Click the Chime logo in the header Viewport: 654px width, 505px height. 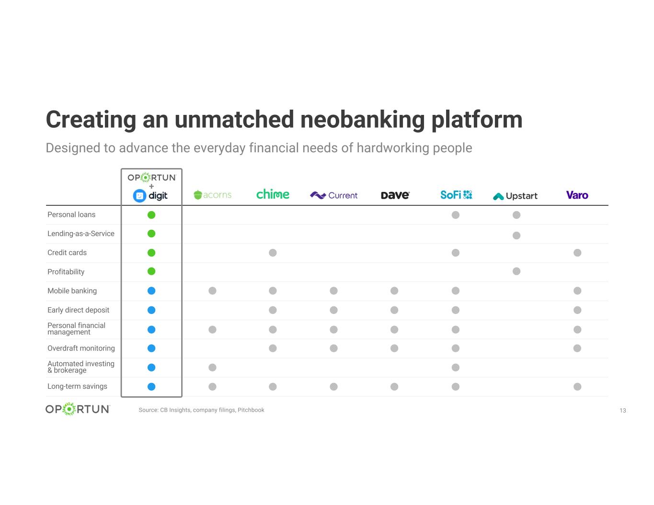point(272,194)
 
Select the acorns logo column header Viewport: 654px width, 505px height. point(212,195)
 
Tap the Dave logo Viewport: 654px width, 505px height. point(395,195)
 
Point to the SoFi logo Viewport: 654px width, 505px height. point(456,195)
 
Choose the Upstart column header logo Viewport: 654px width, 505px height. point(515,196)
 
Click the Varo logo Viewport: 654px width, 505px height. point(577,195)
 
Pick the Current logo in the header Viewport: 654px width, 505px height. point(333,195)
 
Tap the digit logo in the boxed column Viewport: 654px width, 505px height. point(150,196)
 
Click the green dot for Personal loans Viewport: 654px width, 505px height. point(151,215)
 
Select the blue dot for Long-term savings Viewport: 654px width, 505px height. point(151,387)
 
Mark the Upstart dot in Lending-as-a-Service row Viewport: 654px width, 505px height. point(516,236)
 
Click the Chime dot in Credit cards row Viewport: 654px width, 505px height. point(273,253)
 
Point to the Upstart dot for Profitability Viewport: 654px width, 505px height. point(516,271)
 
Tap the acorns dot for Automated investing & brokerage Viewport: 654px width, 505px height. point(212,367)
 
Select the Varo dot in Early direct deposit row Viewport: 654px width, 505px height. point(577,310)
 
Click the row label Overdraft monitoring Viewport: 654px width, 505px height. point(81,348)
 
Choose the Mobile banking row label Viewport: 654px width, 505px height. point(72,291)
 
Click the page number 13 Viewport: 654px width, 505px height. point(623,410)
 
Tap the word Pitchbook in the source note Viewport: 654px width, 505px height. point(251,410)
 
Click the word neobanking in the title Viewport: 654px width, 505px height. point(362,120)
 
